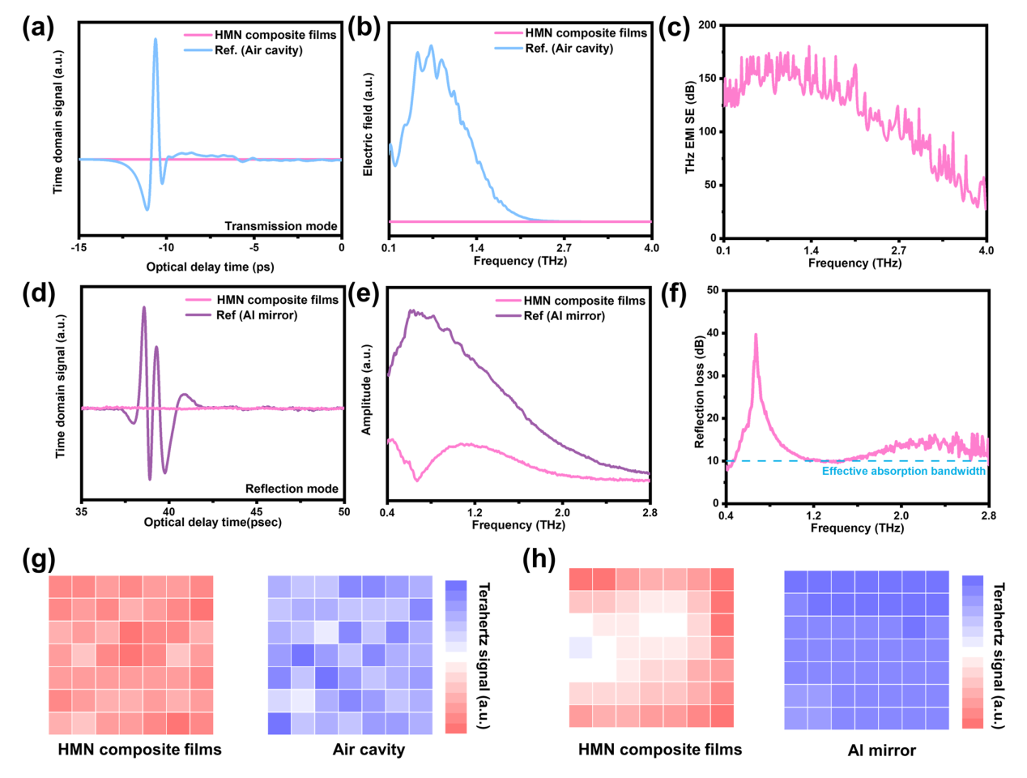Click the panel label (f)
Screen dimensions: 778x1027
click(675, 293)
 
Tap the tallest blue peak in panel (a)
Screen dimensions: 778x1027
click(156, 40)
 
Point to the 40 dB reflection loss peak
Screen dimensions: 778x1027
click(756, 335)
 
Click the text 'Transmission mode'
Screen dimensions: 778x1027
click(281, 226)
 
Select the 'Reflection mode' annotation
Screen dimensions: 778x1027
click(292, 489)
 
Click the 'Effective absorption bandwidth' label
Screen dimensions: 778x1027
click(904, 471)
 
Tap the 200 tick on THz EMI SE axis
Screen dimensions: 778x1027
click(707, 25)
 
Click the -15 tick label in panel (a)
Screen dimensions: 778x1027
click(79, 248)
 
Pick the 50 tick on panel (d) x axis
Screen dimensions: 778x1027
click(344, 511)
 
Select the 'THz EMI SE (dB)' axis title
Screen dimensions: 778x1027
click(690, 126)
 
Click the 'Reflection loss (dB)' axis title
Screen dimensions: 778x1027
click(699, 392)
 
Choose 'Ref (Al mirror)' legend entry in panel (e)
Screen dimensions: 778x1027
click(564, 316)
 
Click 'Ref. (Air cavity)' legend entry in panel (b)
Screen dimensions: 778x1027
click(569, 49)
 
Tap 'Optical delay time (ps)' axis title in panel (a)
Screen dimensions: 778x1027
click(210, 267)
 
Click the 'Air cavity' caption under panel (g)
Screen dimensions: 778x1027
click(369, 750)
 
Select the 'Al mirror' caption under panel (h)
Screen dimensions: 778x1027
click(881, 750)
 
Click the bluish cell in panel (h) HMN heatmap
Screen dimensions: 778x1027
click(581, 648)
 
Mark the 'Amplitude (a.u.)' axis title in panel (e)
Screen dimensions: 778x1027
click(367, 389)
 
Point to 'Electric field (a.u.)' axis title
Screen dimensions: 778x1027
click(369, 124)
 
